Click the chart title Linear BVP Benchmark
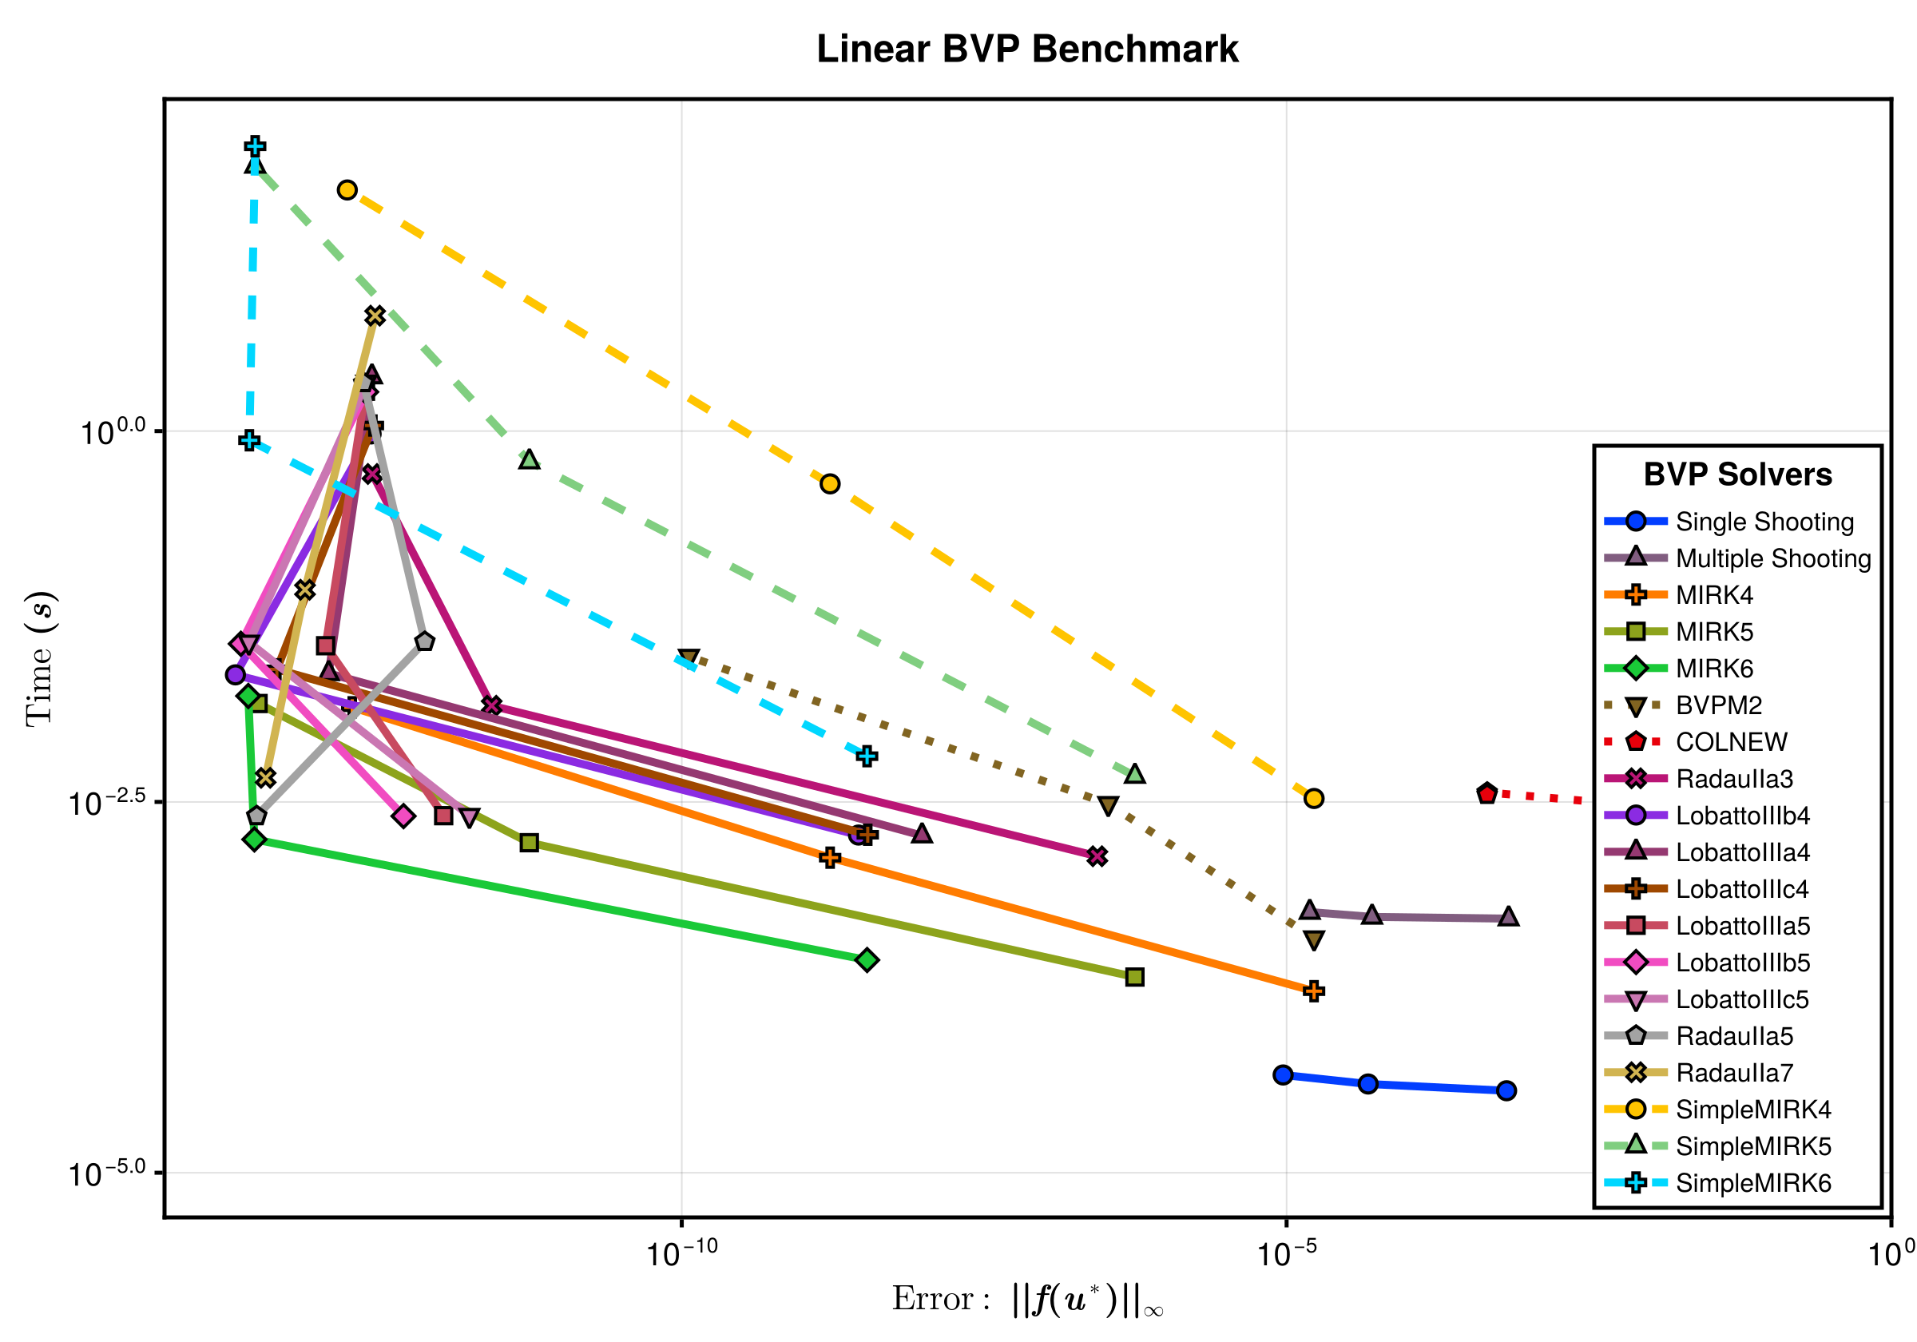(1027, 49)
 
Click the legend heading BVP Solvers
(1737, 474)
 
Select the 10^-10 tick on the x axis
(681, 1253)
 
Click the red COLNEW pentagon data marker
(1487, 794)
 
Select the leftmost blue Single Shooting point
(1284, 1074)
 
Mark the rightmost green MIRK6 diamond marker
(867, 960)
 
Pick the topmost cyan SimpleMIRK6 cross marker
(256, 147)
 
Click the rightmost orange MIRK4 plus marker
(1313, 991)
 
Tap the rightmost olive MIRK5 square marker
(1134, 977)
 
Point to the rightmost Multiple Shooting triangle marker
(1508, 917)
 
